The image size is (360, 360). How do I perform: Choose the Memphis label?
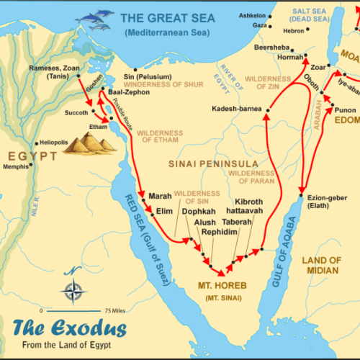pos(17,166)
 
